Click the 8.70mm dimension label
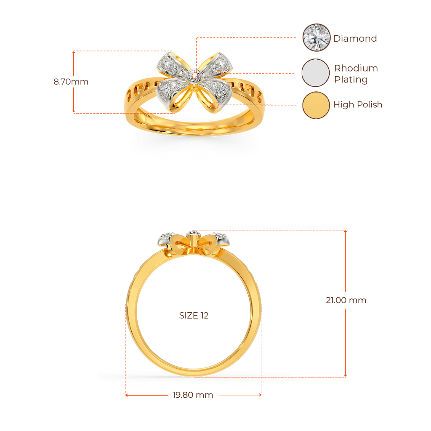(x=71, y=82)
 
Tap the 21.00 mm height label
(x=346, y=300)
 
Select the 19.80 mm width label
(x=193, y=395)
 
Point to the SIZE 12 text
(x=194, y=316)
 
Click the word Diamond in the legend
(x=355, y=38)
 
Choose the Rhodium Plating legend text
(x=356, y=74)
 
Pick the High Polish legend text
(x=358, y=104)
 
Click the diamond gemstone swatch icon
(x=317, y=37)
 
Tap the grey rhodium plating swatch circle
(x=316, y=73)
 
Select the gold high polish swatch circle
(x=316, y=105)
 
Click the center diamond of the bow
(x=194, y=75)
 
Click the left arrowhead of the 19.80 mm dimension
(x=126, y=395)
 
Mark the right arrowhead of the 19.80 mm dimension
(x=260, y=395)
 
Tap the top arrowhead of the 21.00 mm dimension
(x=346, y=231)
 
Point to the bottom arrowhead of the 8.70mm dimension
(x=74, y=111)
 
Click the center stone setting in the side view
(x=194, y=234)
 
